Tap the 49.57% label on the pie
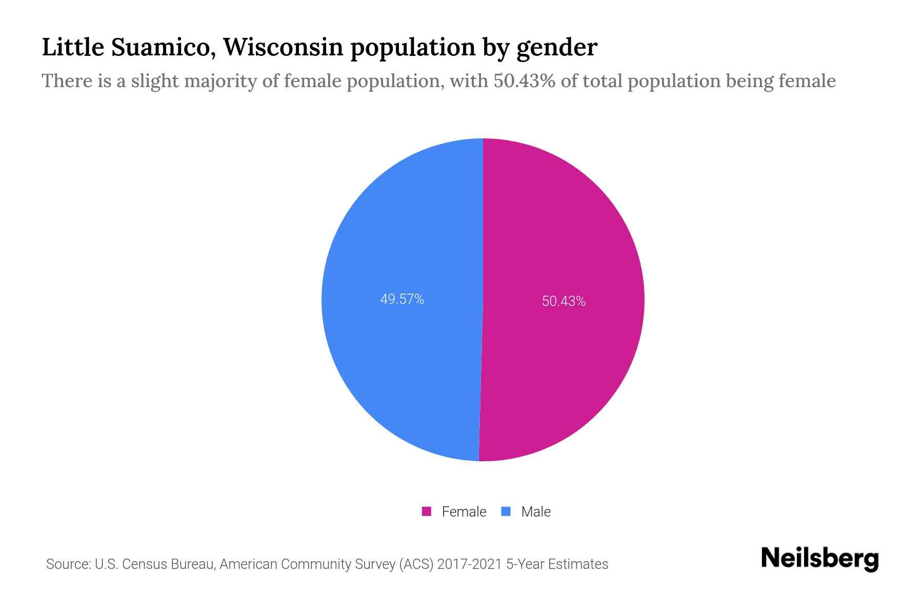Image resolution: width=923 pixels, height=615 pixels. [x=402, y=299]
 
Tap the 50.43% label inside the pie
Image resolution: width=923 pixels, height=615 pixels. [x=564, y=301]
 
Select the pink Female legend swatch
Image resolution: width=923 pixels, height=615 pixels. [x=426, y=511]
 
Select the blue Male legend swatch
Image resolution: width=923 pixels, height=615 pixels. [x=506, y=511]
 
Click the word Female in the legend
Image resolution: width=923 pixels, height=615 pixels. [x=464, y=511]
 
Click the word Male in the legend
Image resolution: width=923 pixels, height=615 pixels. [x=536, y=511]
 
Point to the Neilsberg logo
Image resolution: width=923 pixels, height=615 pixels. [x=819, y=559]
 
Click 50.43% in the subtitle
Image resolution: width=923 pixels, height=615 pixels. [x=524, y=81]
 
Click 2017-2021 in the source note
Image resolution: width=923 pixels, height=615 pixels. [x=470, y=564]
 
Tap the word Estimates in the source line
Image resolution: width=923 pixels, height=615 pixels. [x=578, y=564]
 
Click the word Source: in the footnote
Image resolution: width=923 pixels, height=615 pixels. [x=68, y=564]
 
